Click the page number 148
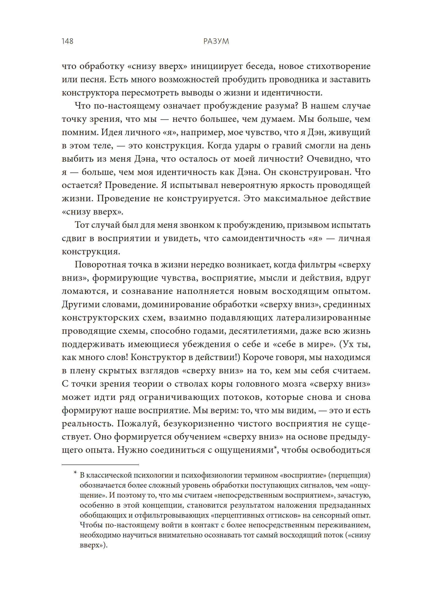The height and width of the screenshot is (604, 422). point(68,41)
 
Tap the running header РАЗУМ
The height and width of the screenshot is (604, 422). point(216,41)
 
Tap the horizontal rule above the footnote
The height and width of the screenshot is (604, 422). point(100,465)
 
